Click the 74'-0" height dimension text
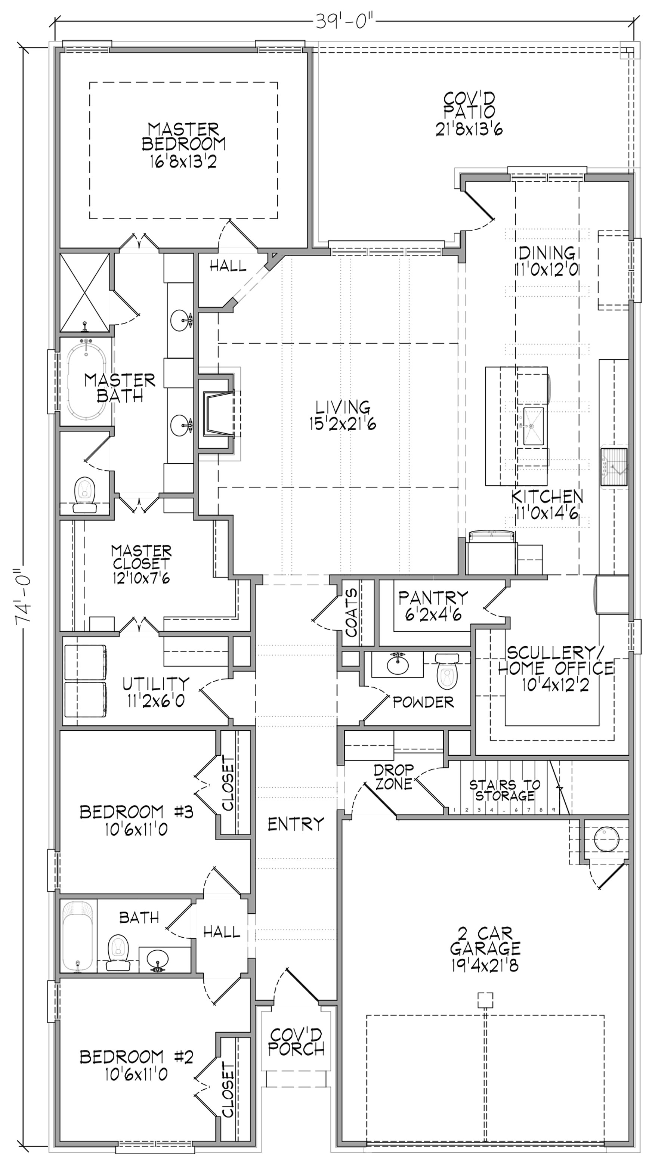tap(23, 595)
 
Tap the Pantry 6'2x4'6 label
tap(433, 606)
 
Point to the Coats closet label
tap(352, 612)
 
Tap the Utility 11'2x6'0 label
tap(156, 692)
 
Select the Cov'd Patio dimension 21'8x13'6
tap(469, 130)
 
